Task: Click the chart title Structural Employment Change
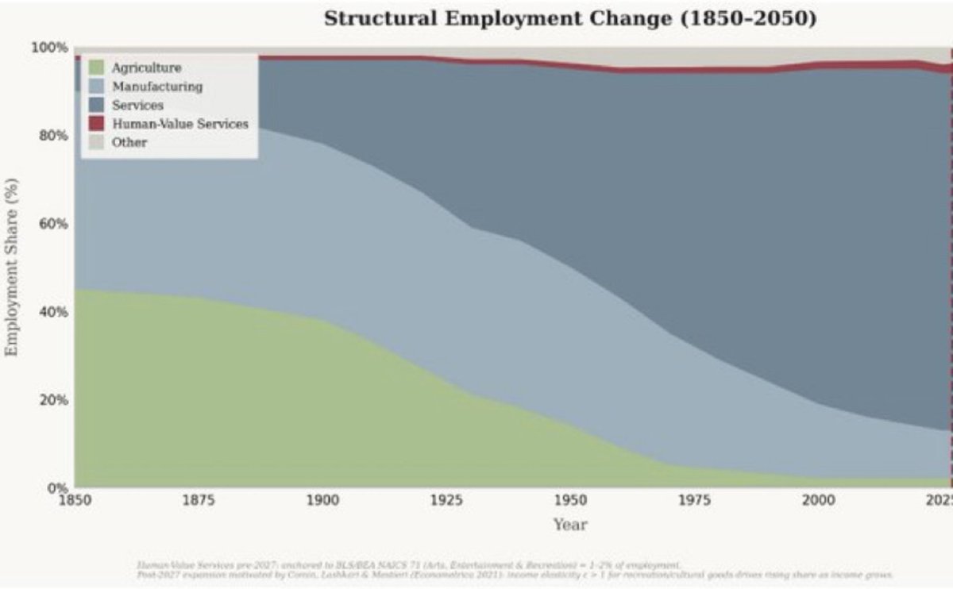(570, 19)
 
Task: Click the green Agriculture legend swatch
(97, 68)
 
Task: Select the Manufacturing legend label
(156, 87)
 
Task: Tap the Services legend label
(137, 105)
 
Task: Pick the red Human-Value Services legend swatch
(97, 123)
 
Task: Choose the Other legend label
(129, 142)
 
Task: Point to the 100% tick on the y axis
(50, 48)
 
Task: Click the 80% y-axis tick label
(52, 136)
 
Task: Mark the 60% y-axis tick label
(52, 224)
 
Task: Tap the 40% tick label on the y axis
(52, 312)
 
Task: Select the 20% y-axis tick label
(52, 400)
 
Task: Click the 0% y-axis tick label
(56, 487)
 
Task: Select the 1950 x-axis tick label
(570, 500)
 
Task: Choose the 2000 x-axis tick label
(818, 500)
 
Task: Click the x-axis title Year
(570, 525)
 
